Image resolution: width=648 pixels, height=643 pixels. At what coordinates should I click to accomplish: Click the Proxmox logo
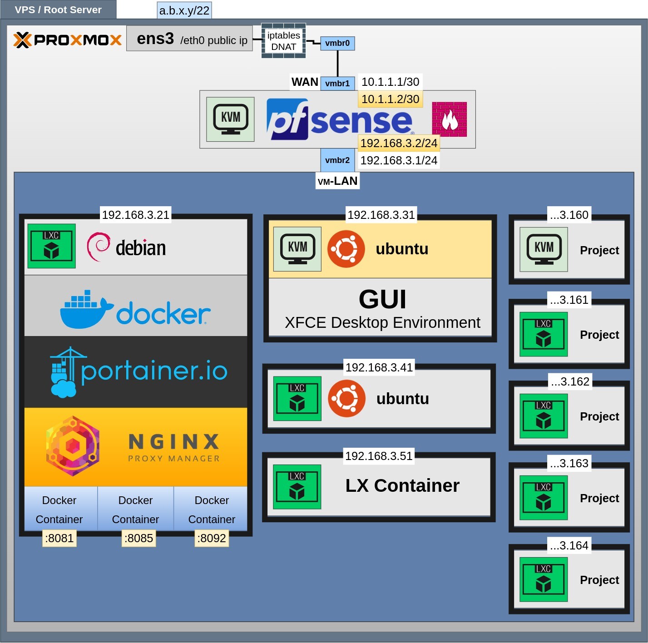coord(67,40)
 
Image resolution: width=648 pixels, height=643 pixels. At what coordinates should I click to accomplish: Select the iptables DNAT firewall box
coord(283,41)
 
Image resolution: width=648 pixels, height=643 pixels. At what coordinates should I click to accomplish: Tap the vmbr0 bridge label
coord(337,43)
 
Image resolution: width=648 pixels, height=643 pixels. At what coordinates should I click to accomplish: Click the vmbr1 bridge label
coord(337,83)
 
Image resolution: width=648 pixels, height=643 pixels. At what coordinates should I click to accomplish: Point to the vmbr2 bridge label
coord(337,160)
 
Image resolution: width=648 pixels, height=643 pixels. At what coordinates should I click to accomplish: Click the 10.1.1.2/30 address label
coord(390,99)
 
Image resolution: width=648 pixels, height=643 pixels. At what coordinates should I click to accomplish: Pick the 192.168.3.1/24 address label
coord(398,160)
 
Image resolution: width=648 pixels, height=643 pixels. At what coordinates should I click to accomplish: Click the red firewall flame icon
coord(449,119)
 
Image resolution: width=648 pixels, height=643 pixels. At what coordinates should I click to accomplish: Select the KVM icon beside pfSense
coord(230,119)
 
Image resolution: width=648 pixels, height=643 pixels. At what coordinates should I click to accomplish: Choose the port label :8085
coord(139,538)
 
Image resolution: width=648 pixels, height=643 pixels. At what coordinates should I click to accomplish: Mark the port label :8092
coord(212,538)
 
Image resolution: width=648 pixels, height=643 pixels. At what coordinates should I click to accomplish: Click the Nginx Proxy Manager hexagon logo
coord(73,445)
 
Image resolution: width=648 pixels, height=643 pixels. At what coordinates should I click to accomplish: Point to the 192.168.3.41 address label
coord(379,367)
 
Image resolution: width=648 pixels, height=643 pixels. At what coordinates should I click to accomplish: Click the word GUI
coord(382,299)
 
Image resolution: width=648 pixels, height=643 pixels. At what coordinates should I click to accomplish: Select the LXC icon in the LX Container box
coord(297,487)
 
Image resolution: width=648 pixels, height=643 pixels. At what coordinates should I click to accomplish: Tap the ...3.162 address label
coord(570,381)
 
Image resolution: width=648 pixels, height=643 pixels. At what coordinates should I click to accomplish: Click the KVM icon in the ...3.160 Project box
coord(544,249)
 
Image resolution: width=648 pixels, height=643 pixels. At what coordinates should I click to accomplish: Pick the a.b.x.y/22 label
coord(184,10)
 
